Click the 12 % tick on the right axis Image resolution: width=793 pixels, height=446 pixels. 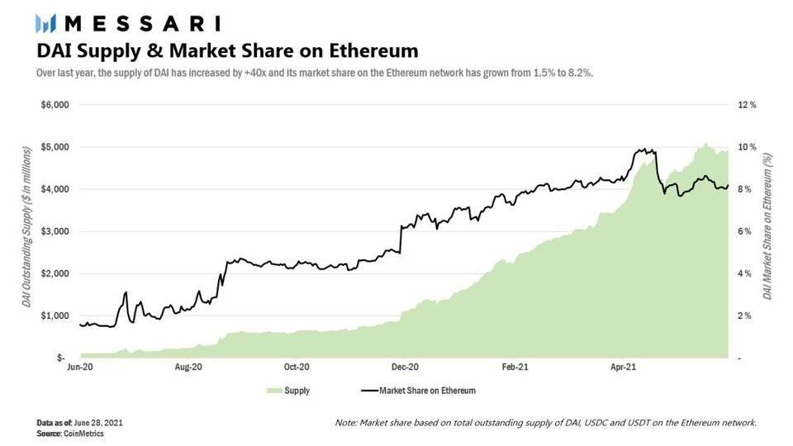tap(747, 105)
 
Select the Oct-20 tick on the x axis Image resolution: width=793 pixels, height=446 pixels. tap(297, 366)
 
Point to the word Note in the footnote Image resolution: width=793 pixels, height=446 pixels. tap(344, 423)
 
